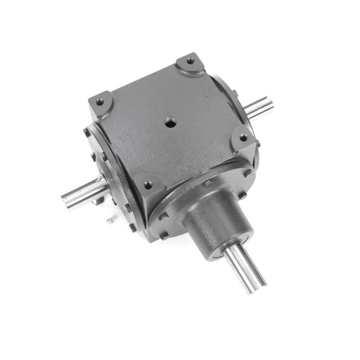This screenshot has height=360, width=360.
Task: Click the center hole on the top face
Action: coord(170,123)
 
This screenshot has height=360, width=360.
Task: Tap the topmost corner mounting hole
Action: coord(190,61)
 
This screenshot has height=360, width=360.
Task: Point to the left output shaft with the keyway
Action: coord(85,190)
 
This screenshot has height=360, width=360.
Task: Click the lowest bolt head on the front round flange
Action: coord(164,236)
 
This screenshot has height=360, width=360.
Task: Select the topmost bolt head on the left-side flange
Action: coord(87,132)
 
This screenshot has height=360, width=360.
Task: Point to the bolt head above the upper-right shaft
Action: coord(234,94)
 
